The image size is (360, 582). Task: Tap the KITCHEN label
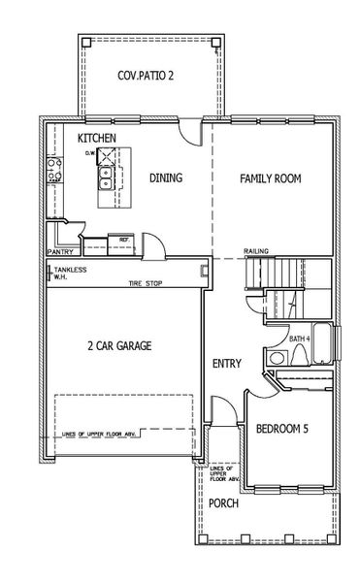click(x=97, y=139)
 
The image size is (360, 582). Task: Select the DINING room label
click(x=166, y=178)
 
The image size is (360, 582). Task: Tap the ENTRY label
click(x=226, y=364)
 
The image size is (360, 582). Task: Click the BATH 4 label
click(x=300, y=338)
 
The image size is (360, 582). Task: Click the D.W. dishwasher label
click(x=90, y=153)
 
